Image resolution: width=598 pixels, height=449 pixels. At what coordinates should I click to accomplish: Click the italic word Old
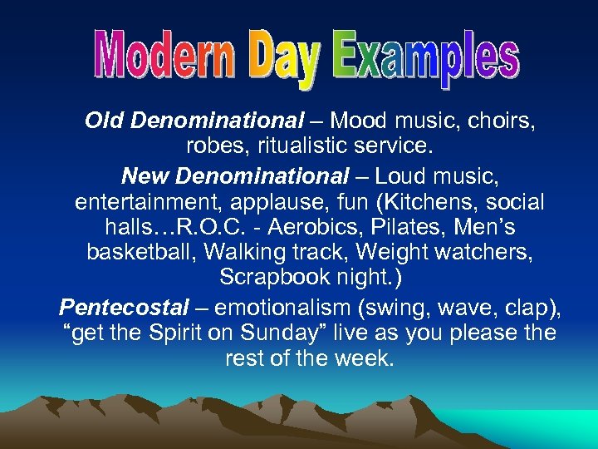pos(104,121)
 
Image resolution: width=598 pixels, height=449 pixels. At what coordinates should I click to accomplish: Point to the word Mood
pos(360,121)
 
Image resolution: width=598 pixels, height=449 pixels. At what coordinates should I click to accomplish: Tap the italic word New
pos(146,175)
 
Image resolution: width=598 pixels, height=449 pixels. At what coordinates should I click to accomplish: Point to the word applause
pos(292,202)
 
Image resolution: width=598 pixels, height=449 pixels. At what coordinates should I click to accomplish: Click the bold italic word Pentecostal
pos(125,308)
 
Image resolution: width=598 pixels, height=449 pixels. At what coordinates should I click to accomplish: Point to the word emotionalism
pos(284,308)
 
